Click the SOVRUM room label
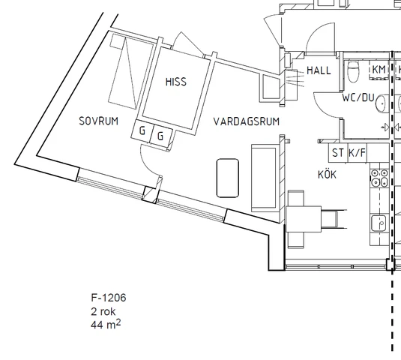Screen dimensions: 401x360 tap(99, 121)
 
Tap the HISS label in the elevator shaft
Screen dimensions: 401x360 tap(176, 82)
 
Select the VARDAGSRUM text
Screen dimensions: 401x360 tap(247, 121)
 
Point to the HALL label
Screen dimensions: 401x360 tap(319, 70)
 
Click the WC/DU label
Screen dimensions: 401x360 tap(358, 97)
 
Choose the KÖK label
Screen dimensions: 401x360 tap(327, 174)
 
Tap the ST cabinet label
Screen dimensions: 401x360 tap(337, 153)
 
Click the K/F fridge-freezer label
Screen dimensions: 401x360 tap(358, 153)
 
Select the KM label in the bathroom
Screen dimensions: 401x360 tap(379, 69)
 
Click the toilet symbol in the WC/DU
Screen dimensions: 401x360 tap(354, 72)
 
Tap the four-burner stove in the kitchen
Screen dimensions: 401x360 tap(379, 178)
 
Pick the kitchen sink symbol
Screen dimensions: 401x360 tap(379, 223)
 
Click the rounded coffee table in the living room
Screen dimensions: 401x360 tap(228, 178)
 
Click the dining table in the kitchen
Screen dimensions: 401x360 tap(304, 219)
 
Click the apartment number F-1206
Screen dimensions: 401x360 tap(109, 298)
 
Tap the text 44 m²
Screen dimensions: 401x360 tap(106, 324)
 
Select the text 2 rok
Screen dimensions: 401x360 tap(103, 312)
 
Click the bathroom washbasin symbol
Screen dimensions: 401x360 tap(382, 103)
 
